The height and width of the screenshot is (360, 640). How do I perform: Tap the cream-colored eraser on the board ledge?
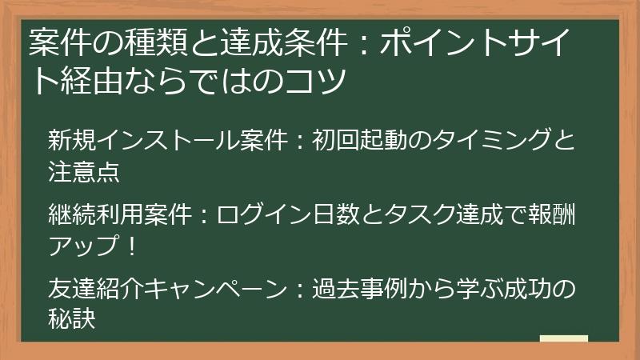click(563, 339)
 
